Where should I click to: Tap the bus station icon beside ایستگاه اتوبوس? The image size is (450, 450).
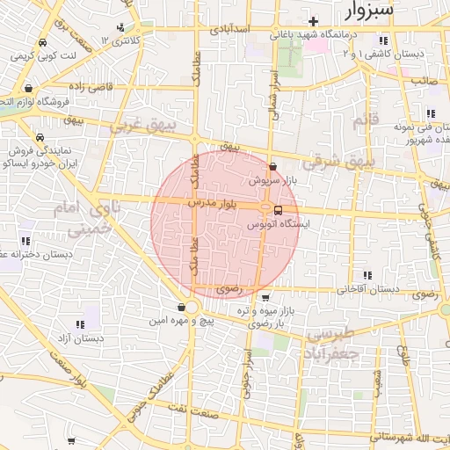click(278, 210)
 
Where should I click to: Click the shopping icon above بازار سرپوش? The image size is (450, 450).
click(272, 166)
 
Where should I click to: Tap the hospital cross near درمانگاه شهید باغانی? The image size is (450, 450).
click(313, 20)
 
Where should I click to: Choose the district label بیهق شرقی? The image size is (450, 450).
click(338, 163)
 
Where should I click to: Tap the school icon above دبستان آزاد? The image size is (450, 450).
click(92, 323)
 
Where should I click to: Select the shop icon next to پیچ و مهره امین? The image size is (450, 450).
click(180, 307)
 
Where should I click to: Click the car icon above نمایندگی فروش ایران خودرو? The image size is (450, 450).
click(40, 138)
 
